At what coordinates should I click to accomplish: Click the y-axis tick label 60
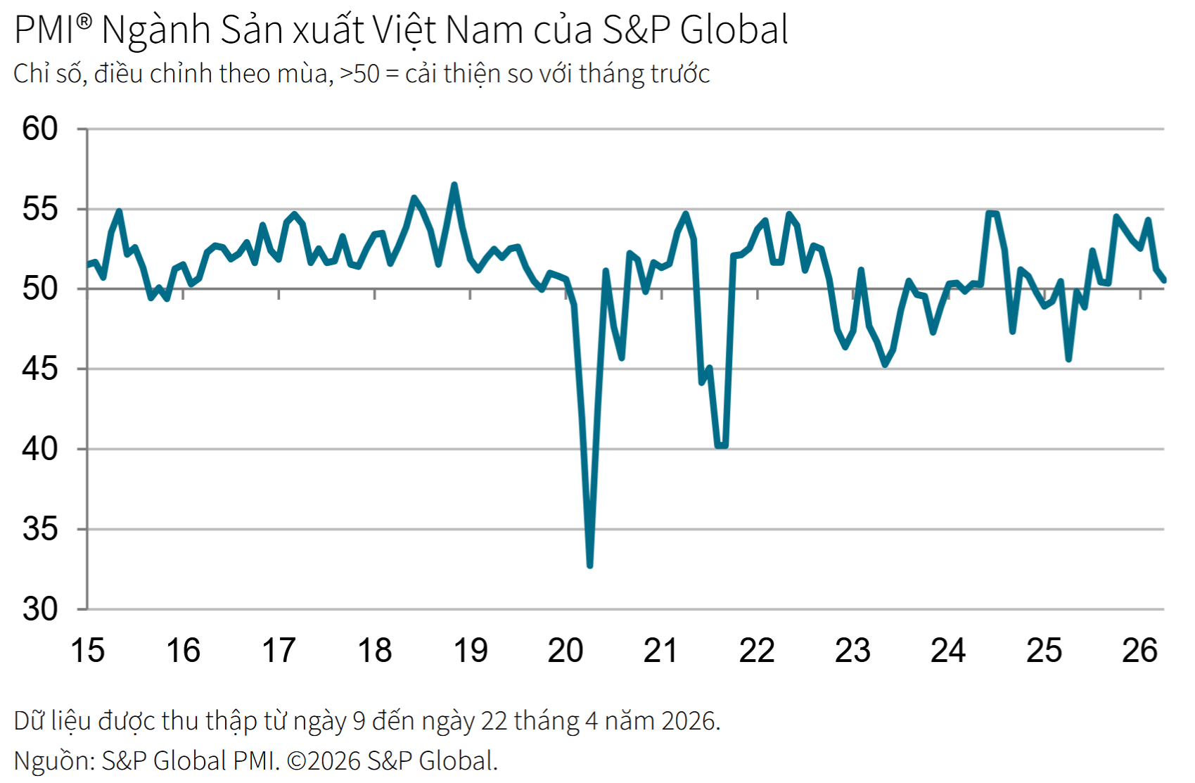[x=40, y=129]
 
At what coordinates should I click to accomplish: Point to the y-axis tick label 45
[x=40, y=369]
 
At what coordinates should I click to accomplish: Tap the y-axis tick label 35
[x=40, y=529]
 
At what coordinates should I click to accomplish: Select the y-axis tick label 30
[x=40, y=609]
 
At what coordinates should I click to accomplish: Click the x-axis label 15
[x=87, y=650]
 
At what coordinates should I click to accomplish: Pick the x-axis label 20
[x=565, y=650]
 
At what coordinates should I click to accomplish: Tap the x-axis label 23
[x=852, y=650]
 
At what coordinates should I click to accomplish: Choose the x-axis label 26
[x=1139, y=650]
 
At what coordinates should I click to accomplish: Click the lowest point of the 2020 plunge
[x=589, y=565]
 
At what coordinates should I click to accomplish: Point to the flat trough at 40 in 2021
[x=721, y=445]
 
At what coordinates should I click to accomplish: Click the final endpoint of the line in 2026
[x=1164, y=280]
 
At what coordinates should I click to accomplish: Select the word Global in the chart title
[x=734, y=30]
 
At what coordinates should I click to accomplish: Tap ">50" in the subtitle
[x=359, y=74]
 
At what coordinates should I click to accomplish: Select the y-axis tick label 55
[x=40, y=209]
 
